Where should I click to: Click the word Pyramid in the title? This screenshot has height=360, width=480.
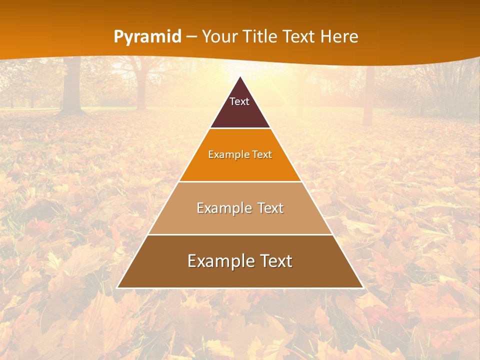pos(147,37)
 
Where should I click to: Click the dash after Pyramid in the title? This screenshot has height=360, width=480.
pos(191,37)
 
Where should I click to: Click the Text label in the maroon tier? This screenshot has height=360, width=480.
pos(239,101)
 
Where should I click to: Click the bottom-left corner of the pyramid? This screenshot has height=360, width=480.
pos(117,287)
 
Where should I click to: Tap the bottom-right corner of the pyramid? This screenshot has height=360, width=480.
pos(363,287)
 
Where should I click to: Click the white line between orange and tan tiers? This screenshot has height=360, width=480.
pos(240,181)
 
